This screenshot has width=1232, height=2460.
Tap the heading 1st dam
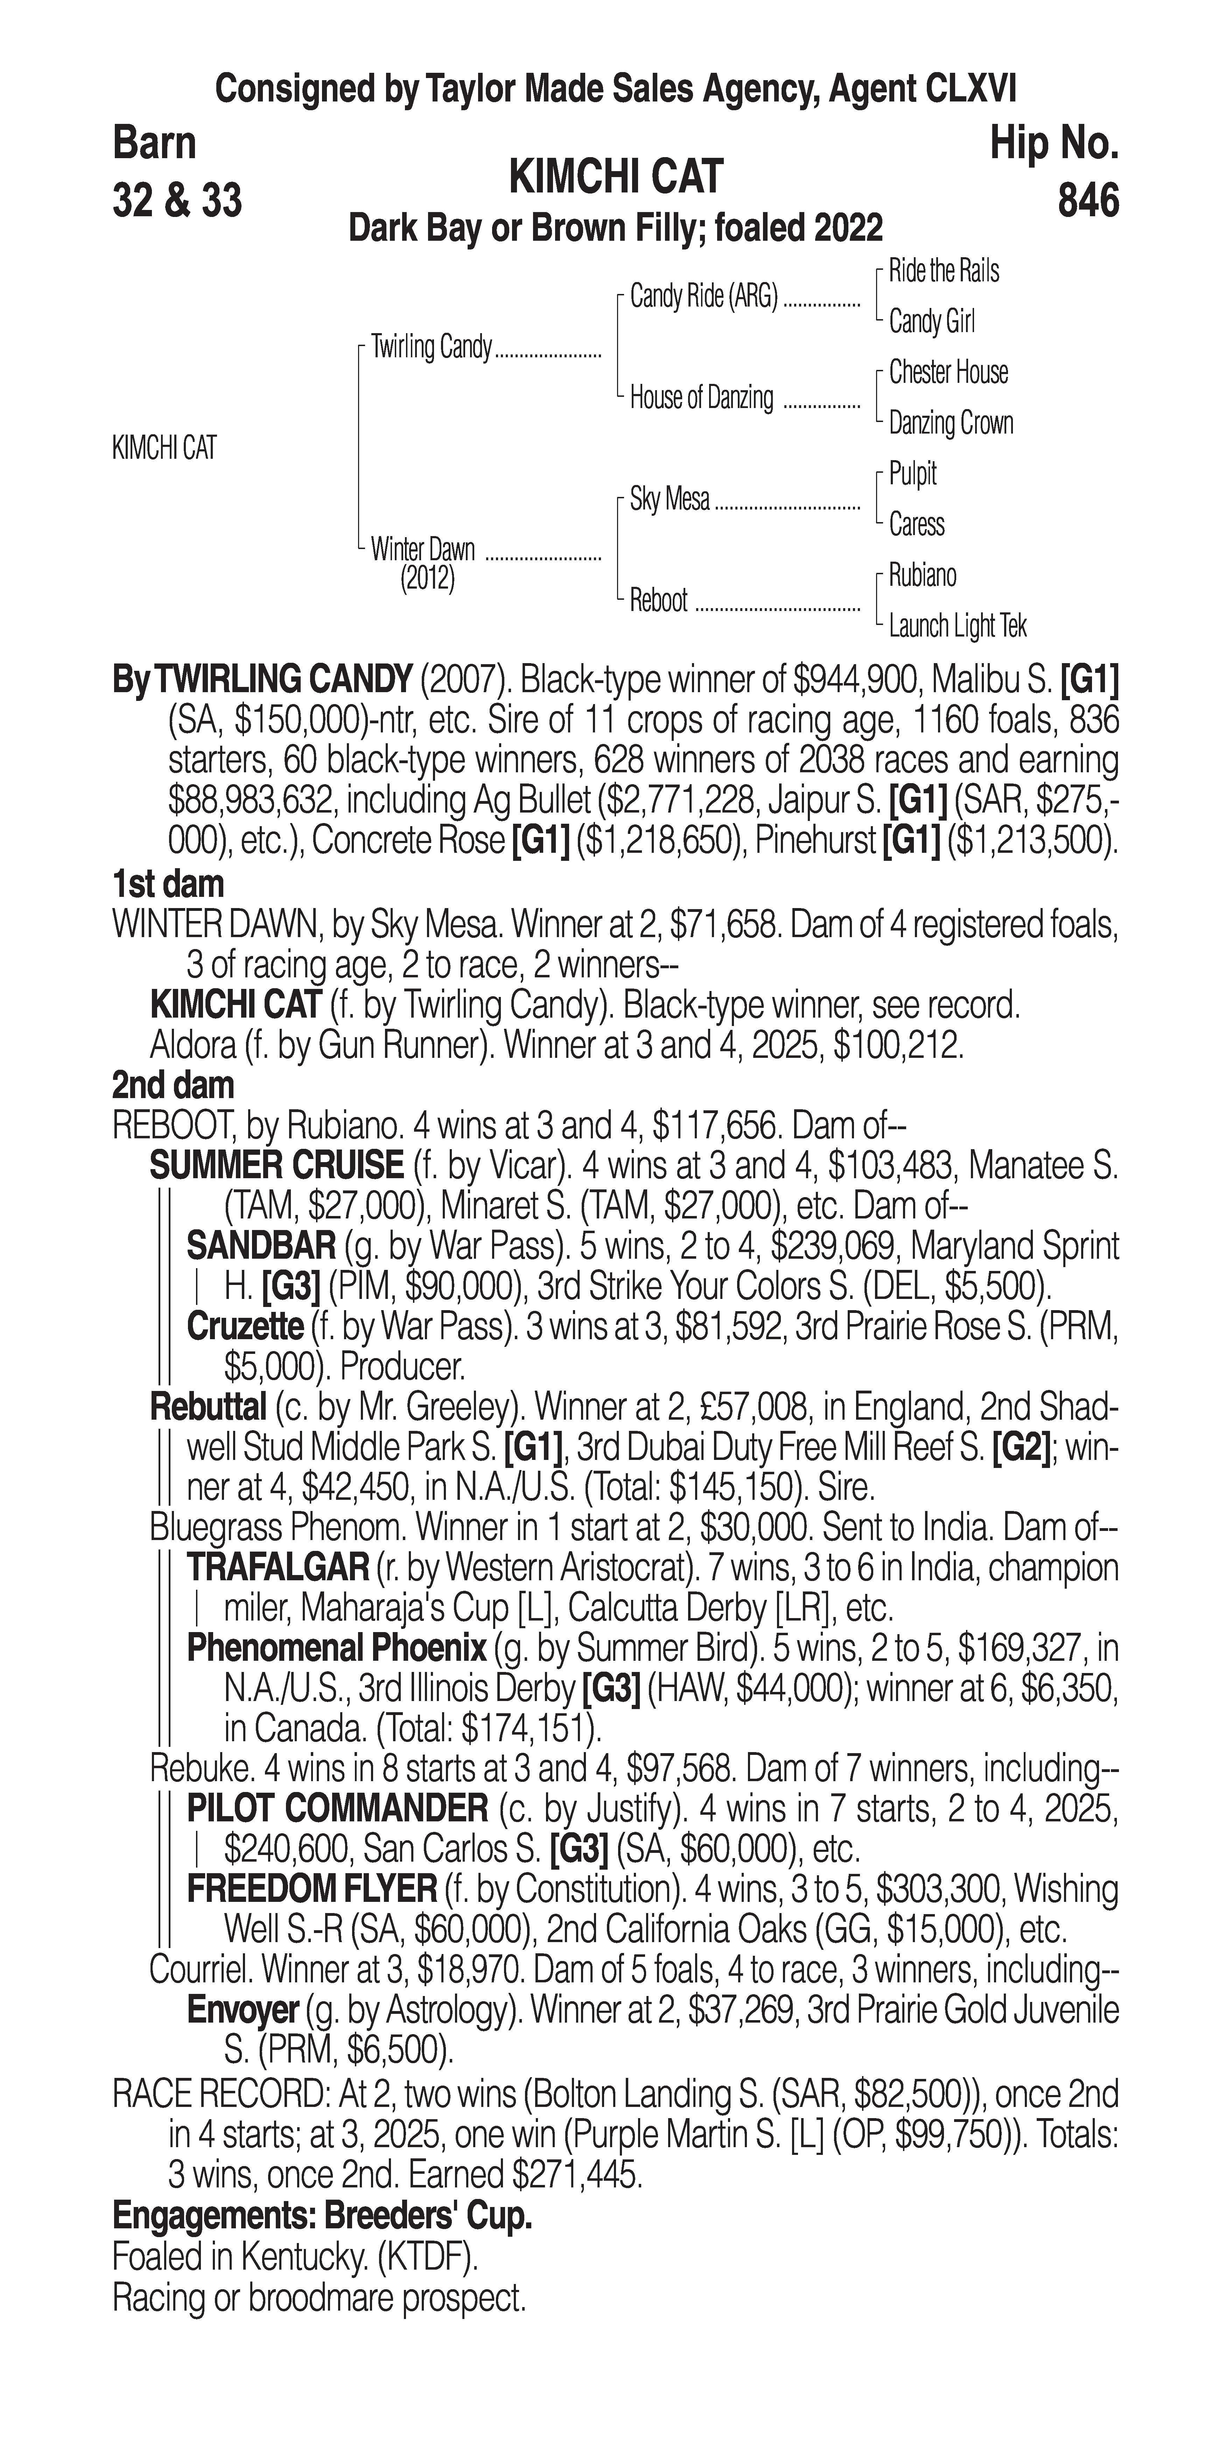(168, 883)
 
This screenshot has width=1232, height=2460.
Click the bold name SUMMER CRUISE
(277, 1165)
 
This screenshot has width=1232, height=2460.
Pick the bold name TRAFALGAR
(277, 1567)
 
